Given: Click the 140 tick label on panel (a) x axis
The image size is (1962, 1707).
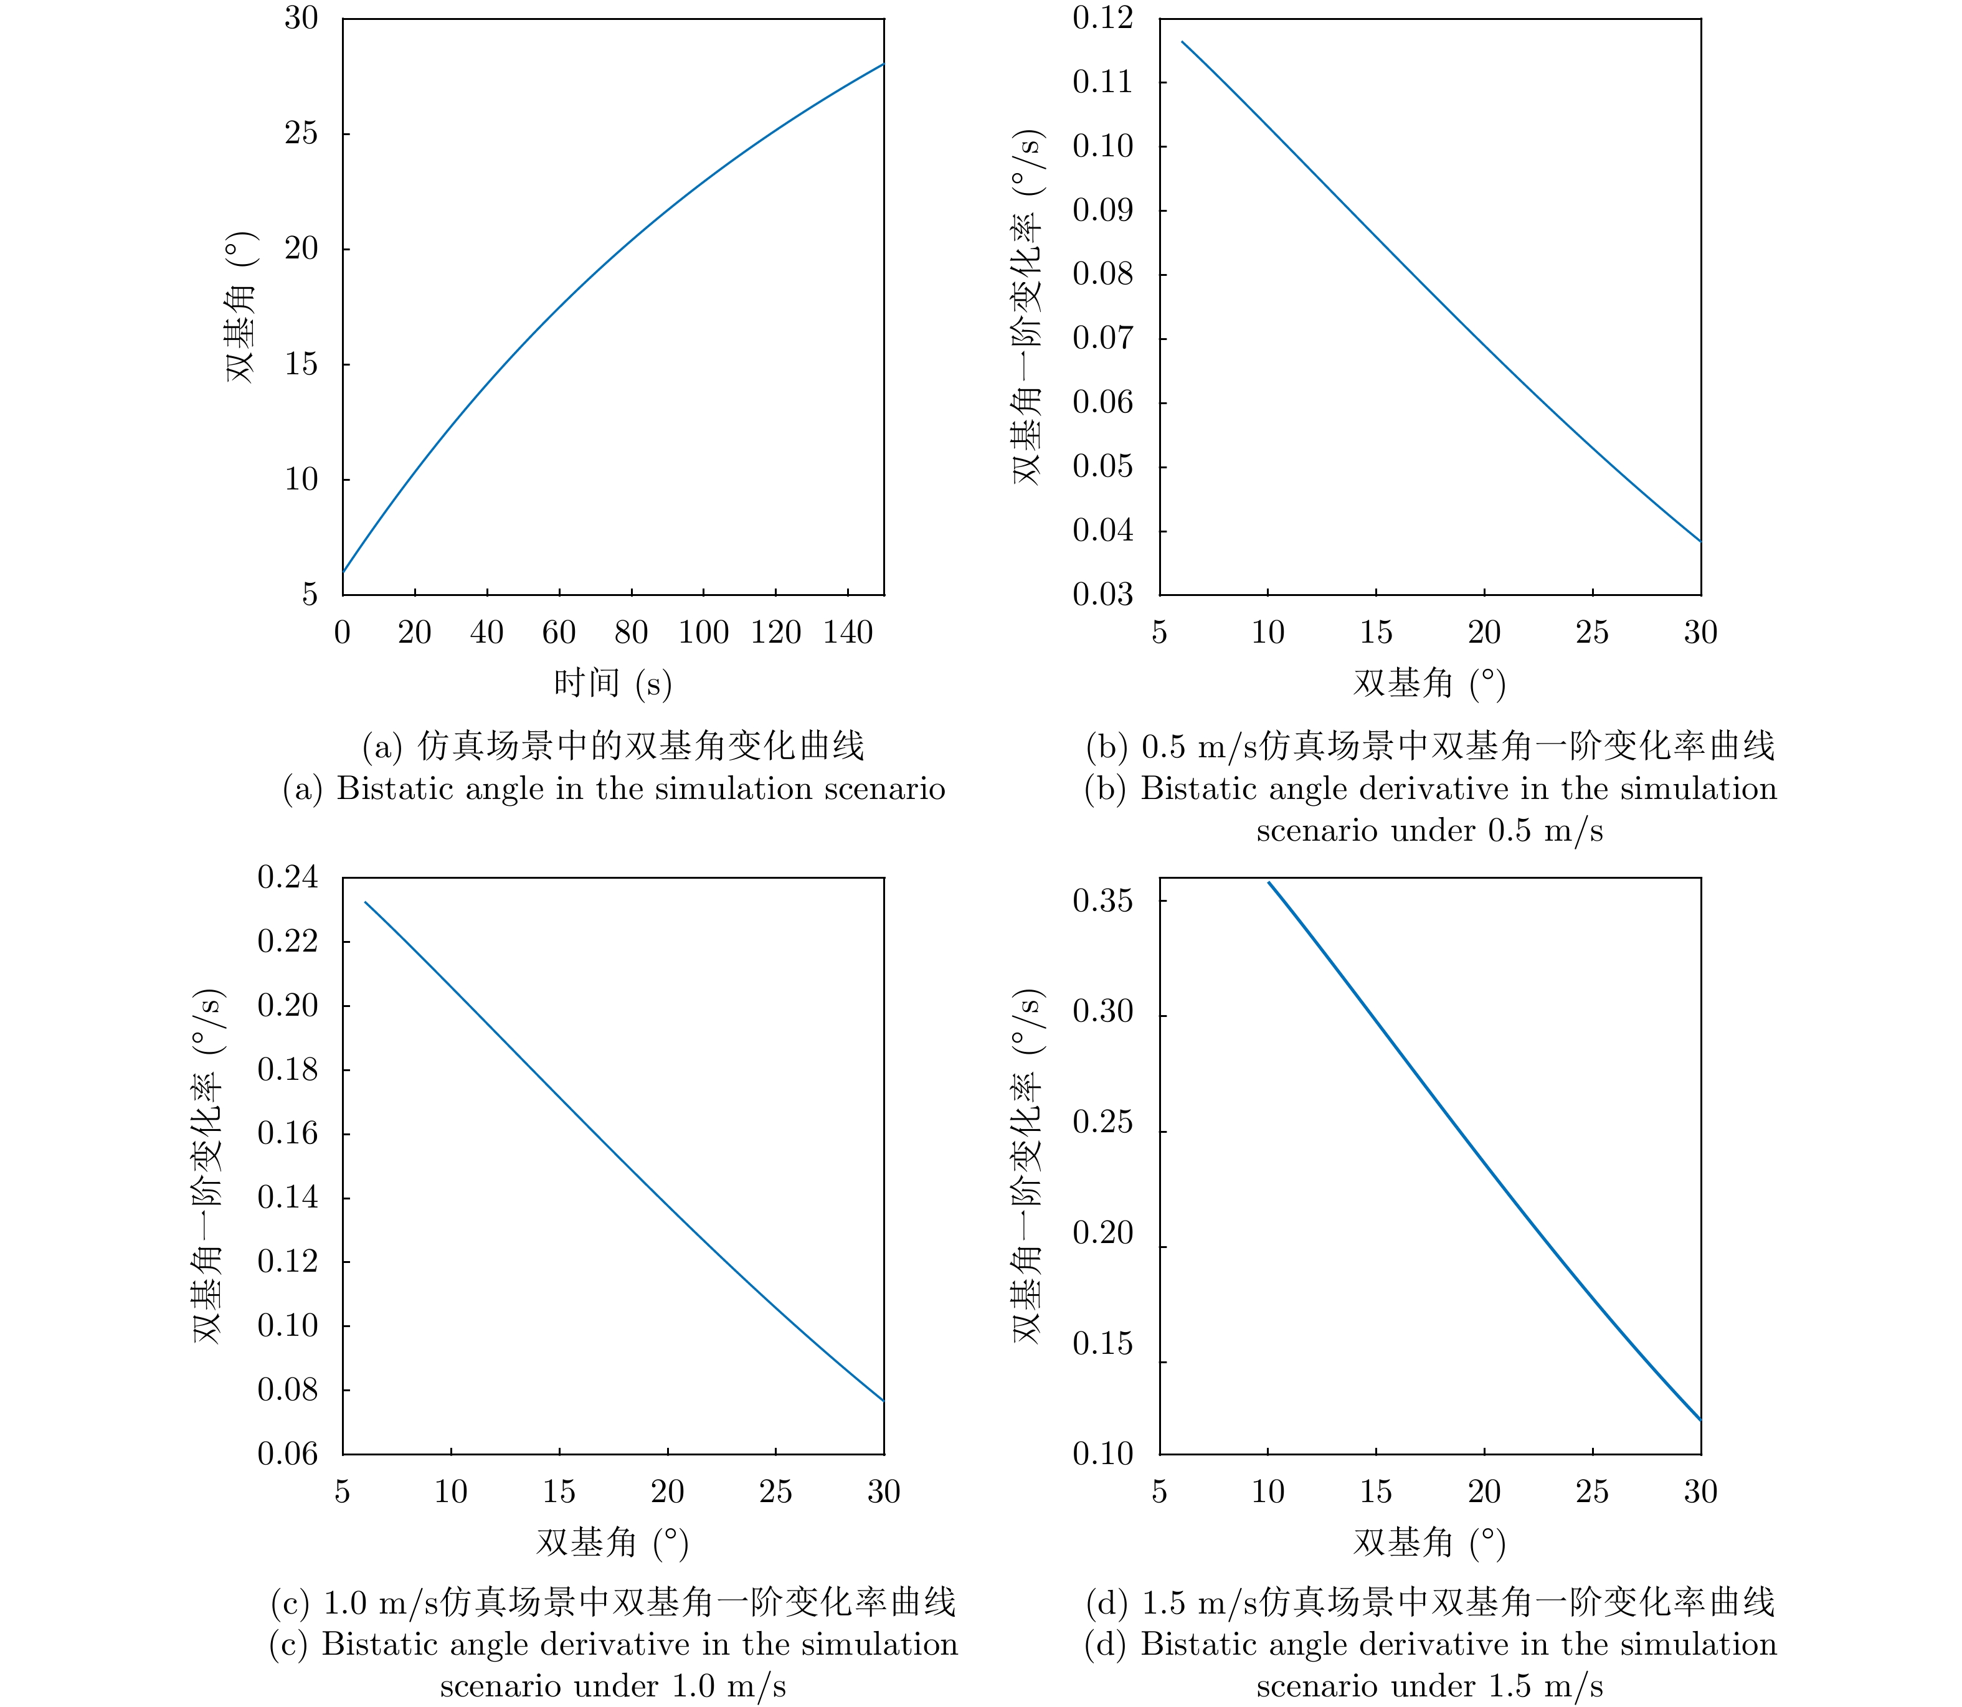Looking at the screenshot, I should pyautogui.click(x=848, y=633).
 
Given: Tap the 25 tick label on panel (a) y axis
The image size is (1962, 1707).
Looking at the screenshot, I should pyautogui.click(x=301, y=133).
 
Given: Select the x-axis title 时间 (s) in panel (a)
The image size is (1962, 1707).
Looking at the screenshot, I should pyautogui.click(x=613, y=683).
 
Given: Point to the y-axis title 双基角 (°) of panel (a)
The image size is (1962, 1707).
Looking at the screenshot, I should pyautogui.click(x=241, y=307).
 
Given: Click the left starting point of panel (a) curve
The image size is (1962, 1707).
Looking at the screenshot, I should pyautogui.click(x=344, y=572).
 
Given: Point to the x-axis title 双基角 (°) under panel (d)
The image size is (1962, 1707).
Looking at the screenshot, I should pyautogui.click(x=1429, y=1542).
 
